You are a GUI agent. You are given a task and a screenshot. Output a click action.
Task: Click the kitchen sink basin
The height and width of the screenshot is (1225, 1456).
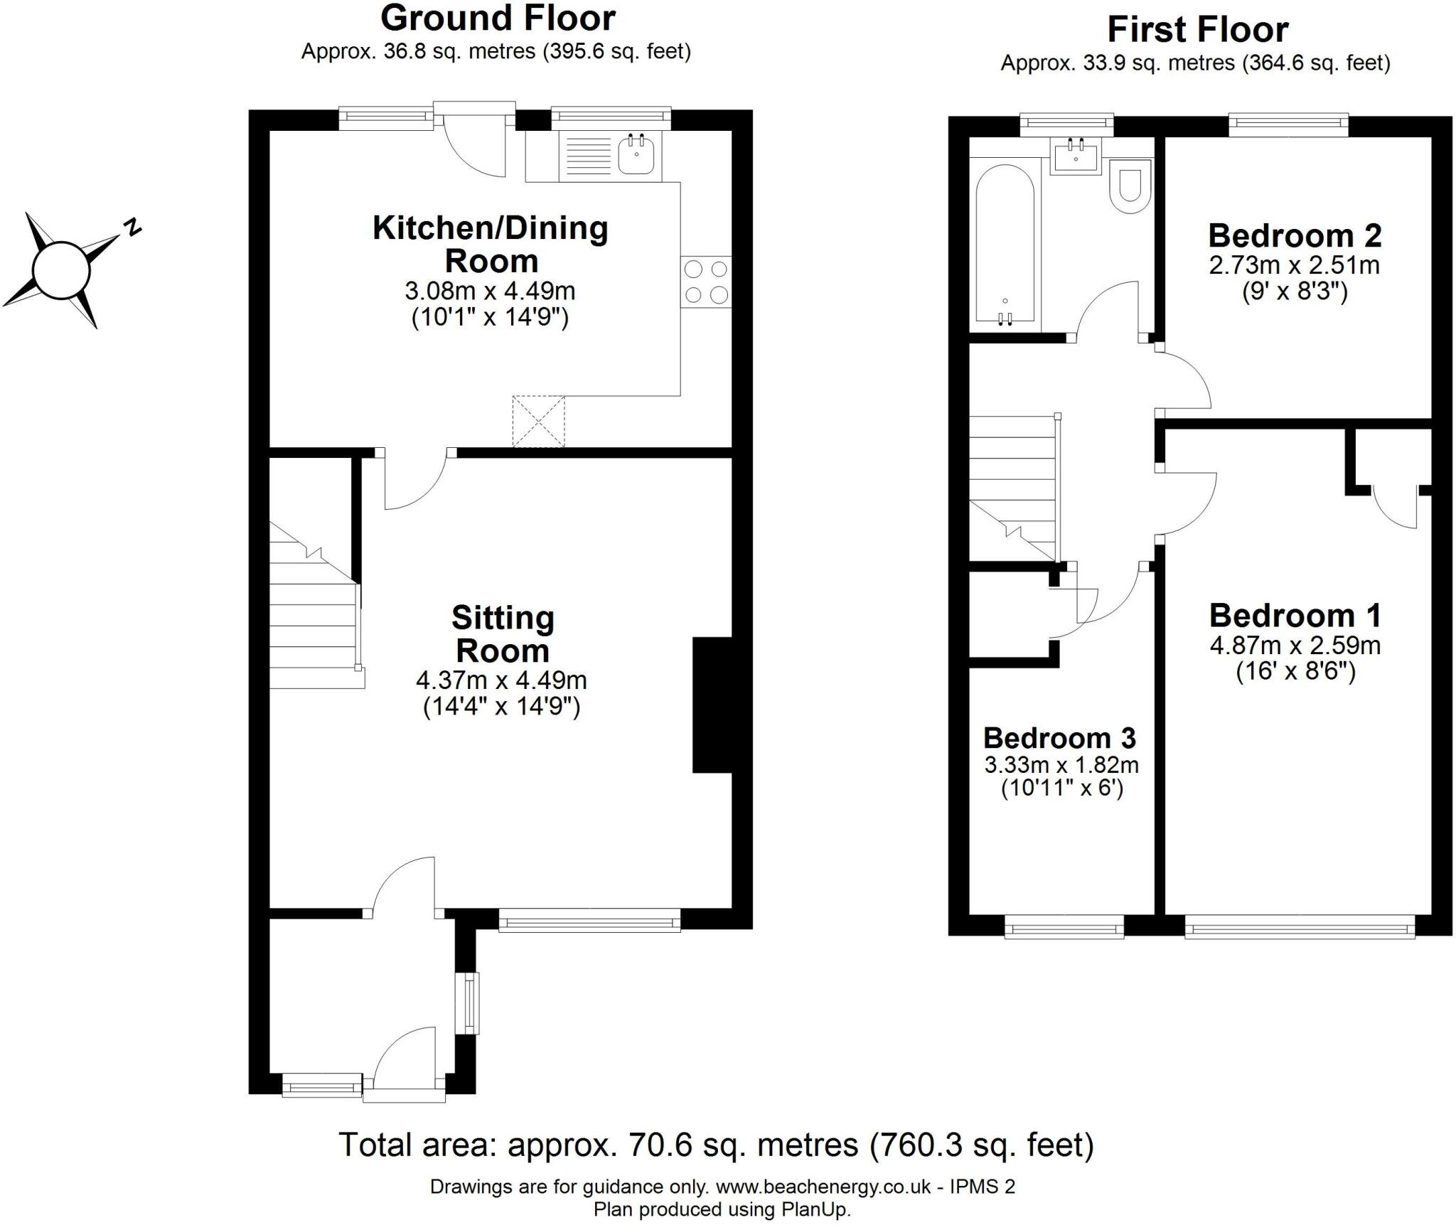coord(636,156)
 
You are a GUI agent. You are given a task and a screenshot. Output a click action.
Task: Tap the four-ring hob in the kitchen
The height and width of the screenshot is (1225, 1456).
coord(706,282)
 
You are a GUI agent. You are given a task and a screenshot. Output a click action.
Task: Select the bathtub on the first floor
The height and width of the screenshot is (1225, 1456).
coord(1005,245)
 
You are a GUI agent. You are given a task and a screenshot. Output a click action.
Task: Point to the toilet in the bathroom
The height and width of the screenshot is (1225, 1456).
coord(1130,187)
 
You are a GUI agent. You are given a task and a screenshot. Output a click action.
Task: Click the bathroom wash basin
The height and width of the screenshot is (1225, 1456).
coord(1075,156)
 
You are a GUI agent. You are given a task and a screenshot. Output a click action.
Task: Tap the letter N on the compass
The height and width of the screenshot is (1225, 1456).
coord(132,228)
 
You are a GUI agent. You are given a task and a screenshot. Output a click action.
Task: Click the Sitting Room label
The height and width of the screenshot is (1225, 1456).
coord(503,634)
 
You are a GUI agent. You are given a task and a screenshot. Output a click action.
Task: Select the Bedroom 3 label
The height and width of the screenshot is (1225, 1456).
coord(1059,738)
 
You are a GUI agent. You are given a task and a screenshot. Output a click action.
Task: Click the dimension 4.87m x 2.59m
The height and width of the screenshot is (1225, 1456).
coord(1295,646)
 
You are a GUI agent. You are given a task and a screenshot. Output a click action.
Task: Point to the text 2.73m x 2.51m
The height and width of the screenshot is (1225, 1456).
coord(1294,265)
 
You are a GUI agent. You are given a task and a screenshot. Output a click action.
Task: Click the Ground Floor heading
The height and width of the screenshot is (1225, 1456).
coord(498,18)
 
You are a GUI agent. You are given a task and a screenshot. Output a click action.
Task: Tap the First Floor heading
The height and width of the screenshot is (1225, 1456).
coord(1197,30)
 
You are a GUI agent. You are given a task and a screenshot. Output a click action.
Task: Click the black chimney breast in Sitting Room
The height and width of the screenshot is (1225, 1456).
coord(712,705)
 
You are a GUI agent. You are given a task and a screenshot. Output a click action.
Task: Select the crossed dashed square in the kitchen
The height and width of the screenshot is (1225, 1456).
coord(538,422)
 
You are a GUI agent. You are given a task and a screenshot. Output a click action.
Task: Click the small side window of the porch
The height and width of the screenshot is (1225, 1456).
coord(470,1002)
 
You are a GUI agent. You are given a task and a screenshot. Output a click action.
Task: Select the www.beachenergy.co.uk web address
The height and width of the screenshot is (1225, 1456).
coord(823,1187)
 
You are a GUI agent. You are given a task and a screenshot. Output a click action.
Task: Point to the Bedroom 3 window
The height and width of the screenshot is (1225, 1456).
coord(1064,929)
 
